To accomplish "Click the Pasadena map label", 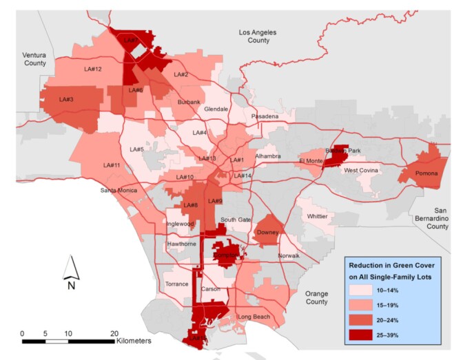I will coord(265,117).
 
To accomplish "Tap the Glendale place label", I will coord(216,109).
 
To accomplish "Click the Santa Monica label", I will coord(119,190).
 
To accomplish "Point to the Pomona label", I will coord(425,173).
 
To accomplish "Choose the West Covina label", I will coord(362,170).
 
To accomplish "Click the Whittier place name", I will coord(317,216).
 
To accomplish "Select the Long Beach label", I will coord(251,317).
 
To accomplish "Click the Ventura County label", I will coord(33,59).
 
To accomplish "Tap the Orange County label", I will coord(316,297).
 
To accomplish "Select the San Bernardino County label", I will coord(436,218).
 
